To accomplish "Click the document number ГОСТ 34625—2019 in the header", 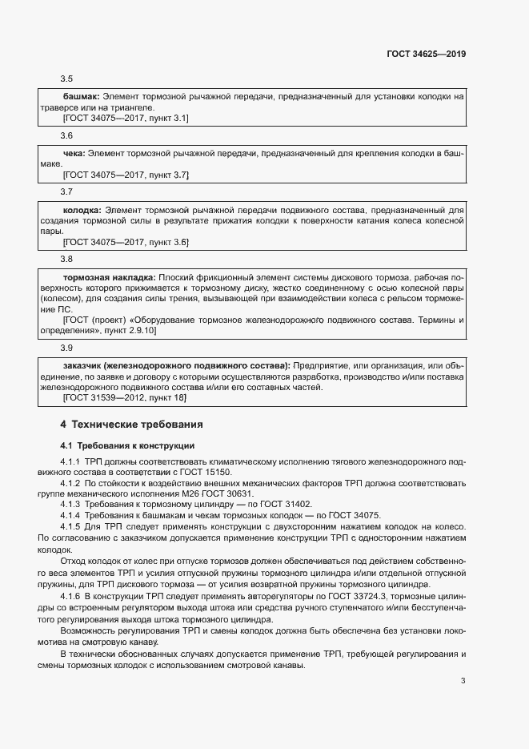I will point(427,54).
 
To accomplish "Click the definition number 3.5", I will point(66,79).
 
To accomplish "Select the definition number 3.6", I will point(66,135).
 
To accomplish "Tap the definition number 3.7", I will point(66,191).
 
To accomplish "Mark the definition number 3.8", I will point(66,259).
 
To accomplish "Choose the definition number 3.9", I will point(66,348).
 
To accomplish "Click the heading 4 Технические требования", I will point(131,423).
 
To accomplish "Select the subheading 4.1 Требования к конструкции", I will point(127,445).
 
